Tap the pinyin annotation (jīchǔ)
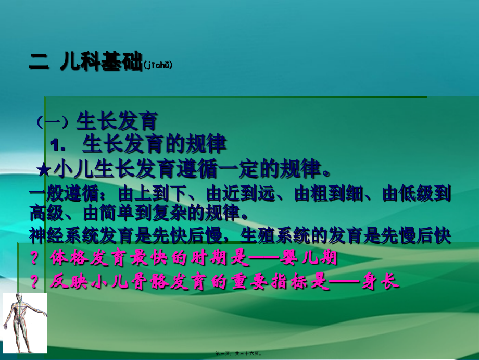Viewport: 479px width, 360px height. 157,66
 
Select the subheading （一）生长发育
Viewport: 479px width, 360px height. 96,121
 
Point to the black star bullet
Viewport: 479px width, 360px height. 45,169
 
